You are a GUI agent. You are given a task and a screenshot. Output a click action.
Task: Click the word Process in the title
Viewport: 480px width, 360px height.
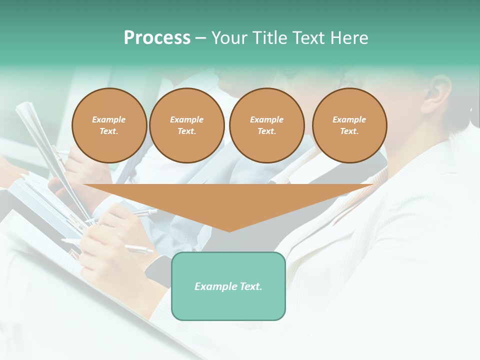point(157,38)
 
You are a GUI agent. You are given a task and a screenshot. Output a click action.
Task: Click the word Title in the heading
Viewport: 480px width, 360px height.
point(269,38)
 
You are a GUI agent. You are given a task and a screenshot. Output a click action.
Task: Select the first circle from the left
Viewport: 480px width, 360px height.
point(109,125)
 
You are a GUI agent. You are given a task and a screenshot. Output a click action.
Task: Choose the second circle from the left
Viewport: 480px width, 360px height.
point(187,125)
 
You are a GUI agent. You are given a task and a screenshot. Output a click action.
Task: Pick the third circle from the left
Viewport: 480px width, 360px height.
point(267,125)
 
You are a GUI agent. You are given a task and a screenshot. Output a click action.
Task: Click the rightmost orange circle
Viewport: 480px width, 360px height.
point(349,125)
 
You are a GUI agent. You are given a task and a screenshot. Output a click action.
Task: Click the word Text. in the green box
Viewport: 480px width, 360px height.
point(250,286)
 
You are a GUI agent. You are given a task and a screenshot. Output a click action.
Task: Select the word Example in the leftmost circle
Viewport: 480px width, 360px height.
point(109,119)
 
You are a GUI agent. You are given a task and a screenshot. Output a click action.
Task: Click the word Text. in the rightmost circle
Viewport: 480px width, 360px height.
point(349,131)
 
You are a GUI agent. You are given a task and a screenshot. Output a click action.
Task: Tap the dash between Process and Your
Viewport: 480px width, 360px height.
point(200,38)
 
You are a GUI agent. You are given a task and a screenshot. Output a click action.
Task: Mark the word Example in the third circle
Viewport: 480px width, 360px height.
point(267,119)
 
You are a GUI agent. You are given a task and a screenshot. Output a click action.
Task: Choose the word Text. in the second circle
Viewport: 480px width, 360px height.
point(187,131)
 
